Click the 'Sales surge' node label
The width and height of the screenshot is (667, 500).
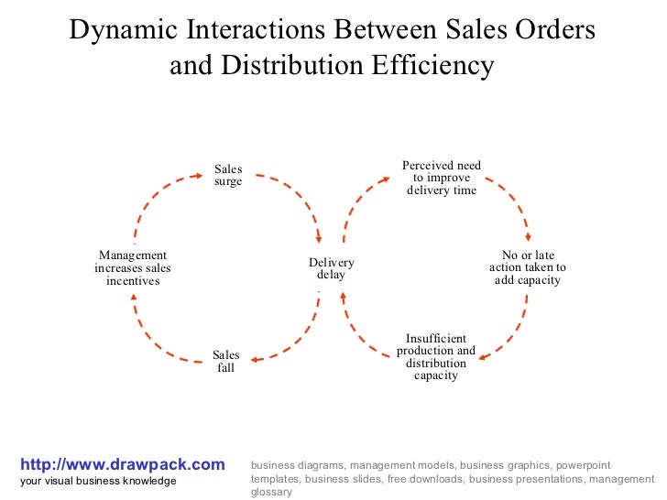(x=228, y=175)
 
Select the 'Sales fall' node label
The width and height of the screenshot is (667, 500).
(x=226, y=362)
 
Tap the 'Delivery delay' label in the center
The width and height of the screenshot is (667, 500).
(x=332, y=268)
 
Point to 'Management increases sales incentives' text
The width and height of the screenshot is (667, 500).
(x=133, y=267)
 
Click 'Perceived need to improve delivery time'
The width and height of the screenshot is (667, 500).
(x=442, y=178)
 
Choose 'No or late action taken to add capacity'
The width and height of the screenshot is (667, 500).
(x=528, y=267)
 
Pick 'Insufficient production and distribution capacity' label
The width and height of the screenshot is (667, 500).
(x=436, y=357)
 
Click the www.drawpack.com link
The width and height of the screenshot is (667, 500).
(x=122, y=465)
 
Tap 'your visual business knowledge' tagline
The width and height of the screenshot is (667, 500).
(x=98, y=482)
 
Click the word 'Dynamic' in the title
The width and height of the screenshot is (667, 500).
(x=124, y=31)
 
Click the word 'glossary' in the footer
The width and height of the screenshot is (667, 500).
(x=271, y=492)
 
